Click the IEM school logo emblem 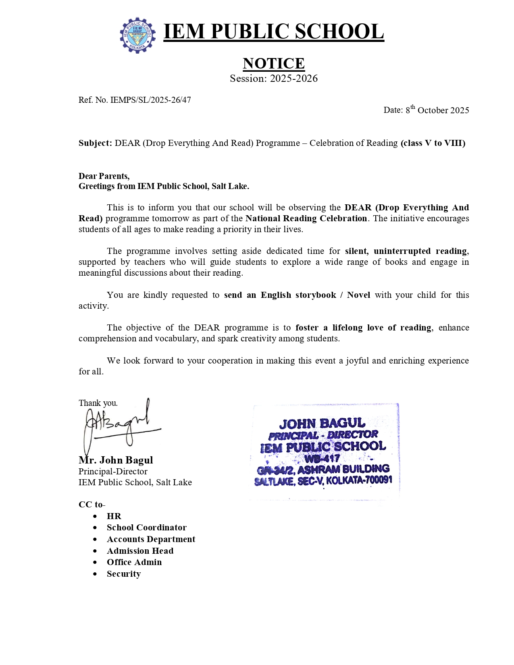tap(137, 35)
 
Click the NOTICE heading tap(273, 63)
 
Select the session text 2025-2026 tap(293, 79)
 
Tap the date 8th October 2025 tap(437, 110)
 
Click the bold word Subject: tap(95, 143)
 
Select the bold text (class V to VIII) tap(433, 143)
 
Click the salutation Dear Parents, tap(104, 176)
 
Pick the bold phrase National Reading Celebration tap(306, 218)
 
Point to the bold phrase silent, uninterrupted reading tap(406, 251)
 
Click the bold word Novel tap(358, 295)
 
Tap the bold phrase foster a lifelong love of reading tap(363, 328)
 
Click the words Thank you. tap(98, 403)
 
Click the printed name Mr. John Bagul tap(116, 460)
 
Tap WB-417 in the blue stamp tap(322, 459)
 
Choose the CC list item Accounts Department tap(151, 539)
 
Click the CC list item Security tap(123, 574)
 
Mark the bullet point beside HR tap(95, 516)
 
